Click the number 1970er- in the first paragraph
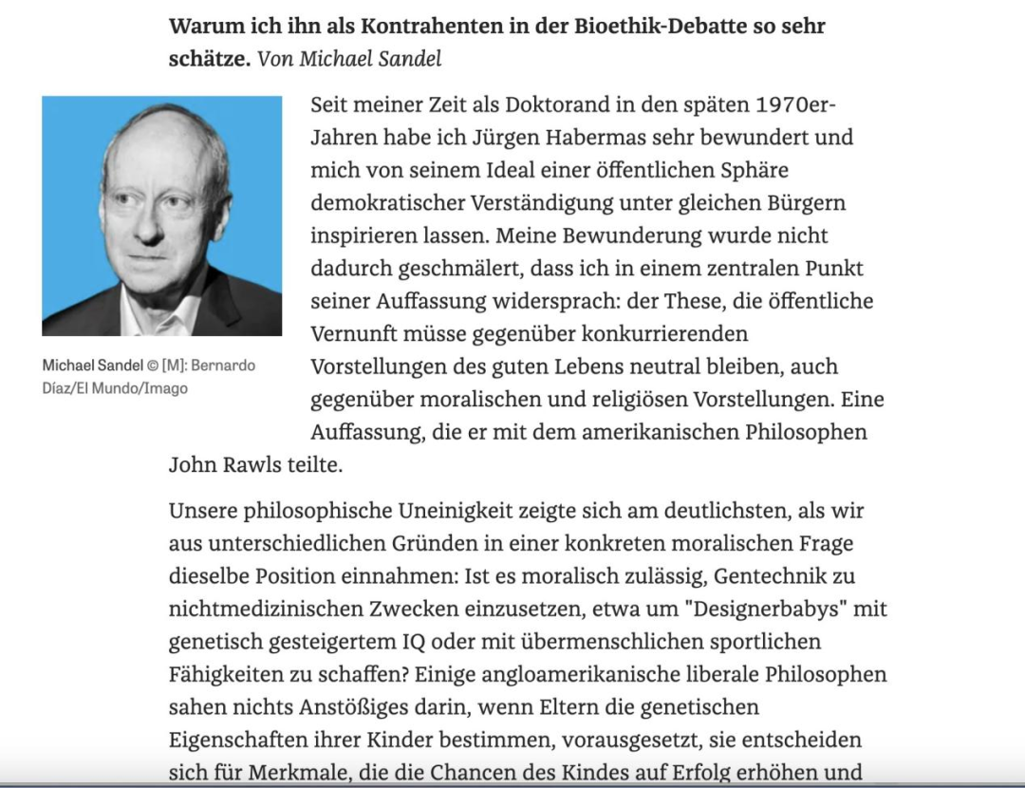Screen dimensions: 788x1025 [795, 104]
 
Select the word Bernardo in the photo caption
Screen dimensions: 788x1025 [223, 366]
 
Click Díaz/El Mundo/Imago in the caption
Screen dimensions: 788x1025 [115, 388]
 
